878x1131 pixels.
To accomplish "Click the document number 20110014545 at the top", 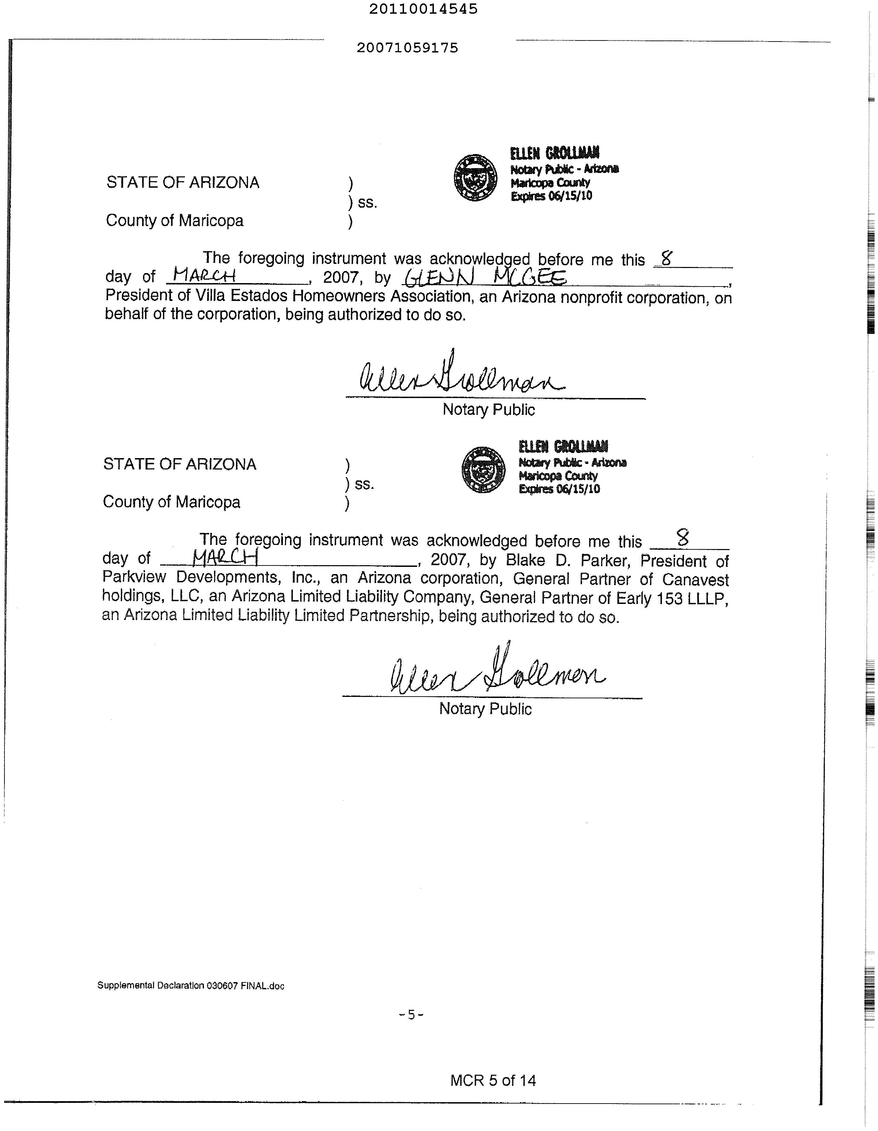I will click(x=423, y=9).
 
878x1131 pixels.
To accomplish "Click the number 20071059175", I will click(x=407, y=48).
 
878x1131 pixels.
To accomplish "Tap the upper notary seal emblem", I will click(x=475, y=178).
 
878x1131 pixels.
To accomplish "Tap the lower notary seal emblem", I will click(x=483, y=470).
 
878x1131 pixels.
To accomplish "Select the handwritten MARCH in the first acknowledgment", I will click(x=204, y=275).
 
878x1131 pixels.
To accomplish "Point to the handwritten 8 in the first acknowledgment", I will click(x=666, y=258).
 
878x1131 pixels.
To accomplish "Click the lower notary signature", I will click(x=497, y=671).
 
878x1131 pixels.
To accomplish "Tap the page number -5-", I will click(x=412, y=1014).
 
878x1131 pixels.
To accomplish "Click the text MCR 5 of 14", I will click(x=493, y=1080).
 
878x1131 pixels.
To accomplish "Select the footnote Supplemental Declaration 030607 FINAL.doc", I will click(x=190, y=986).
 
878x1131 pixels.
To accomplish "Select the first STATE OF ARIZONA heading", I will click(x=183, y=183).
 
